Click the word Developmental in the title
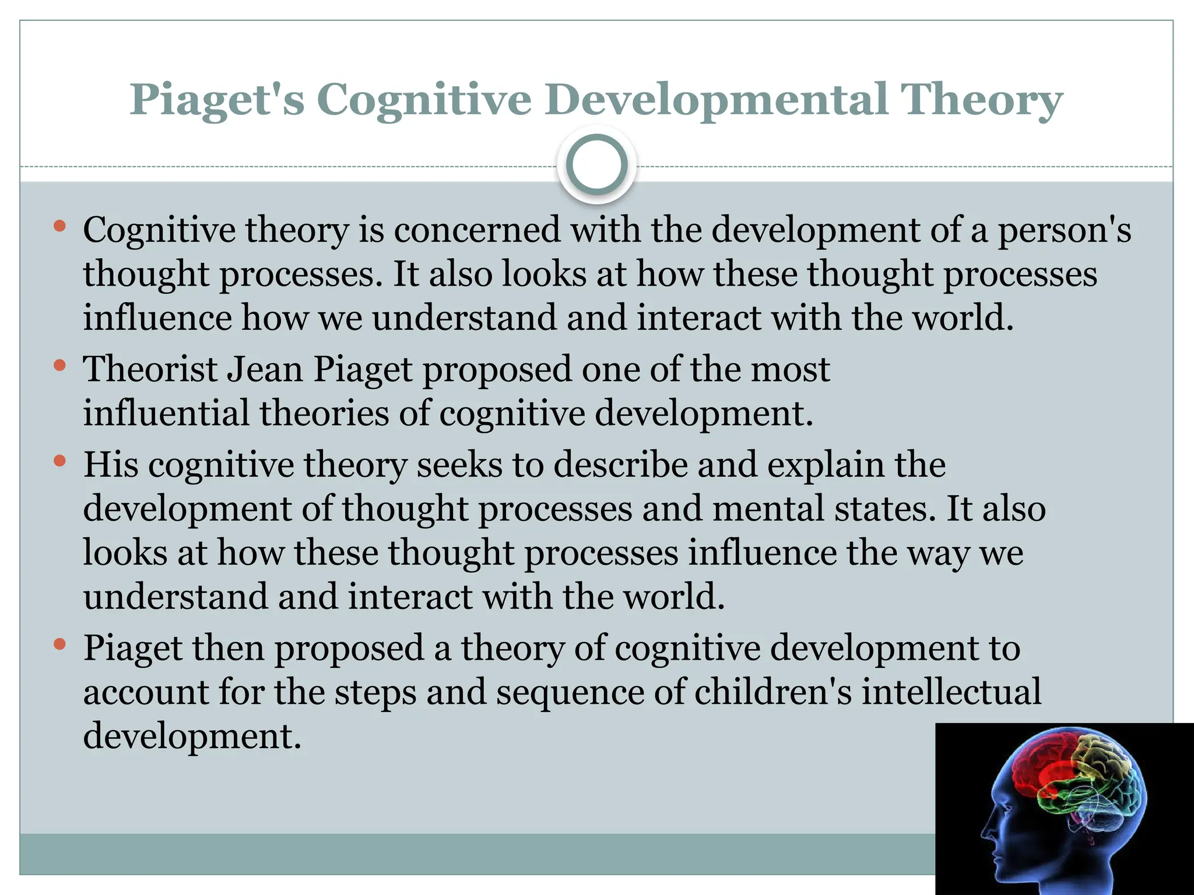coord(717,100)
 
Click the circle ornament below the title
coord(596,165)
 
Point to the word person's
coord(1065,231)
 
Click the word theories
coord(324,413)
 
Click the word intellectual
coord(951,692)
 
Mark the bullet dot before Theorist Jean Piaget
coord(59,366)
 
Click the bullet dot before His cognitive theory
coord(59,461)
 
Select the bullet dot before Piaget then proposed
coord(59,644)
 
